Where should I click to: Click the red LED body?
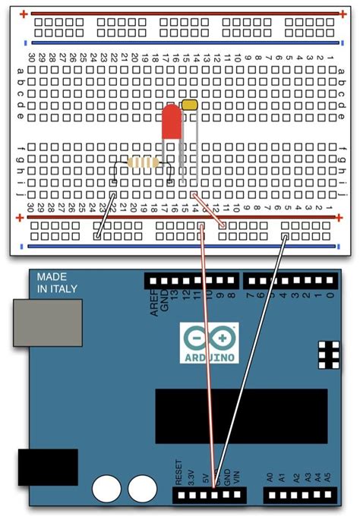click(x=172, y=123)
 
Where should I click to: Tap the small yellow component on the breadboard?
click(x=191, y=103)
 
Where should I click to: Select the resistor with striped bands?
click(x=143, y=162)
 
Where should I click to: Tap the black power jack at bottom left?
click(x=47, y=468)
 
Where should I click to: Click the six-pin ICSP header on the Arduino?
click(x=330, y=354)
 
